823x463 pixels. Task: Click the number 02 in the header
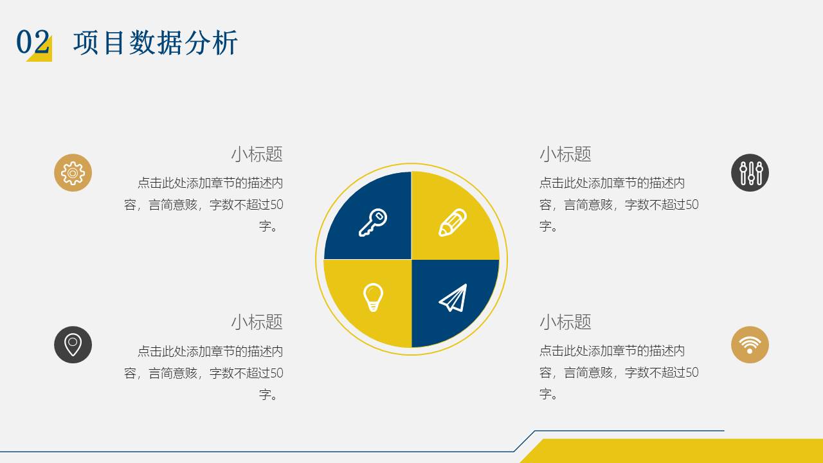click(33, 42)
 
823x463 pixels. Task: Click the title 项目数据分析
click(156, 43)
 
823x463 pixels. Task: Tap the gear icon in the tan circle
click(73, 173)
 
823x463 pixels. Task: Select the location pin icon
click(73, 345)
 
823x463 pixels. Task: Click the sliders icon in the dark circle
click(750, 173)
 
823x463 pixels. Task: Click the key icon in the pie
click(372, 222)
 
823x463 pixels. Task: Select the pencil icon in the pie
click(453, 222)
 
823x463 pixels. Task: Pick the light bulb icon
click(373, 297)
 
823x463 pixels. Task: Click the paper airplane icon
click(453, 298)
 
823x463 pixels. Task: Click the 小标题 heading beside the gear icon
click(257, 154)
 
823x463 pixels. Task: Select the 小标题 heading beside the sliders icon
click(565, 154)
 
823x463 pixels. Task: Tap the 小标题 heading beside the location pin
click(257, 322)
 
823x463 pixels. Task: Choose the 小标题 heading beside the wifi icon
click(565, 322)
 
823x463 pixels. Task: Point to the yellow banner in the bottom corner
click(672, 451)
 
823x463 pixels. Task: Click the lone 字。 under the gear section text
click(269, 226)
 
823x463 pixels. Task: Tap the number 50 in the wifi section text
click(692, 372)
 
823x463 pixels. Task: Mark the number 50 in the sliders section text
click(692, 204)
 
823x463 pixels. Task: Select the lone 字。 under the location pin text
click(269, 395)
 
